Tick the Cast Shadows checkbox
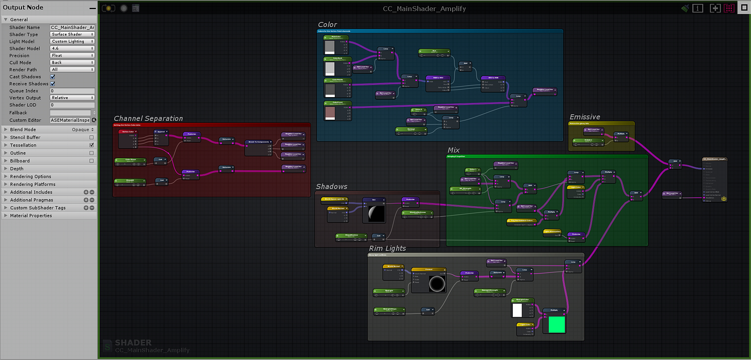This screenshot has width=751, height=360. pos(53,77)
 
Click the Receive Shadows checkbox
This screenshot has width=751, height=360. pos(53,84)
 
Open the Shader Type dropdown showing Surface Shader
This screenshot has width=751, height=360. pos(72,34)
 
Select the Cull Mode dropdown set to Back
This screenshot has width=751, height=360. pos(72,63)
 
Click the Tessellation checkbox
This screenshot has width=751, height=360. pos(92,145)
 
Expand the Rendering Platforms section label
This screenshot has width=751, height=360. pos(33,184)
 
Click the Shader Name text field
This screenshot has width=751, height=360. pos(72,27)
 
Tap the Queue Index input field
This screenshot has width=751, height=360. pos(72,91)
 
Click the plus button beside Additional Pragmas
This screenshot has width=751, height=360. pos(86,200)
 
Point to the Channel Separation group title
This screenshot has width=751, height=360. pos(148,119)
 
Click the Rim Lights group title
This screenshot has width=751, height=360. pos(387,248)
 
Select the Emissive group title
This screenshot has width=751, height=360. pos(585,117)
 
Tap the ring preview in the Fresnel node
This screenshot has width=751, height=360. pos(437,284)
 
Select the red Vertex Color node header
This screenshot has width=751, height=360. pos(128,131)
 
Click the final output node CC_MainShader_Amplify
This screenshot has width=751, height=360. pos(715,159)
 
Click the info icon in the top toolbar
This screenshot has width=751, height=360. pos(698,8)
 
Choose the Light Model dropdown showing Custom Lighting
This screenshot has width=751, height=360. pos(72,41)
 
